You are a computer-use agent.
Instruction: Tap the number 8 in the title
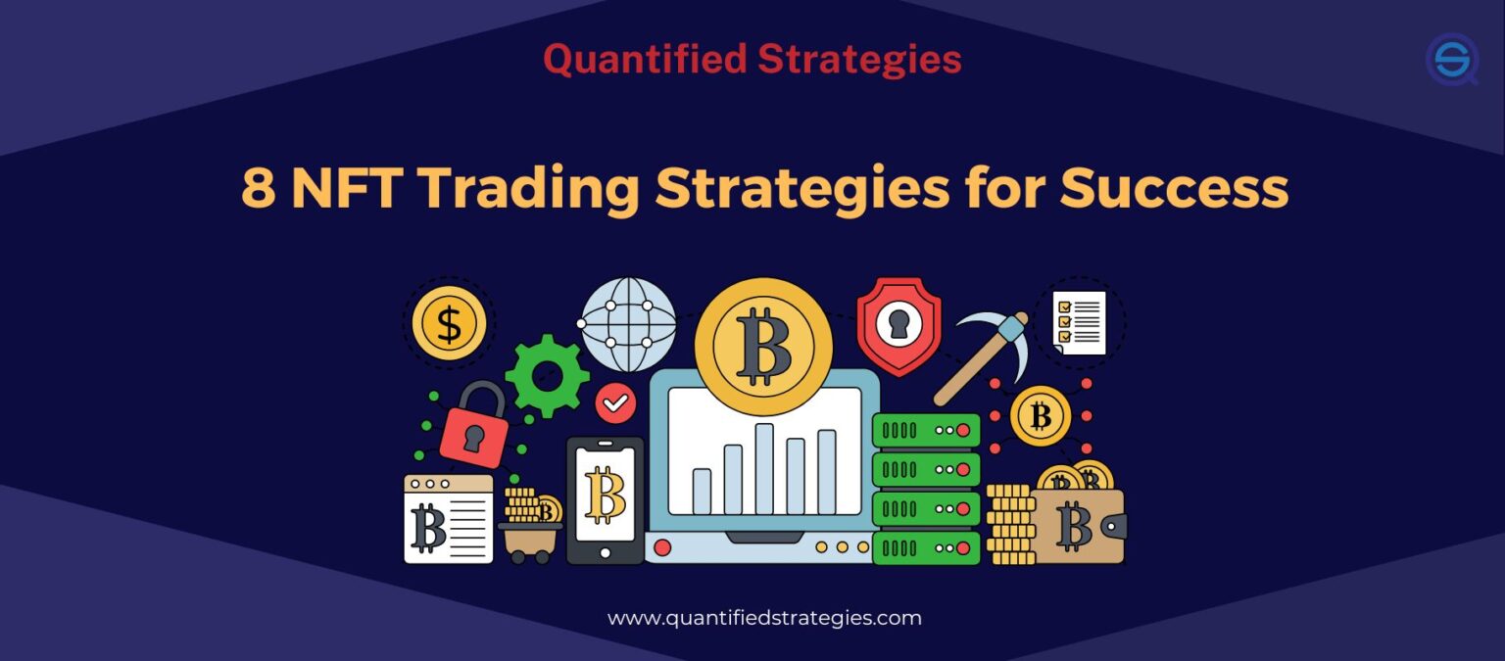pos(258,188)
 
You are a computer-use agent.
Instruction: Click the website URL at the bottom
pos(764,618)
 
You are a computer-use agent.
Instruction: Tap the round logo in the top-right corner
pos(1452,59)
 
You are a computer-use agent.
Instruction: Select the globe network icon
pos(628,324)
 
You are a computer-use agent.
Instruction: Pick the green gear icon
pos(547,375)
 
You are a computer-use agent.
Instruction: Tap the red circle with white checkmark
pos(615,402)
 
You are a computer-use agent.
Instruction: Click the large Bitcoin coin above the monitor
pos(763,346)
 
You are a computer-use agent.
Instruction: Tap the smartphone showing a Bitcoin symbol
pos(605,499)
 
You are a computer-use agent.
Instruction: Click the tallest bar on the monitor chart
pos(764,468)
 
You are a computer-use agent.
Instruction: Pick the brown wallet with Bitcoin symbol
pos(1076,526)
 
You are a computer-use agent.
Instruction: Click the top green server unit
pos(926,430)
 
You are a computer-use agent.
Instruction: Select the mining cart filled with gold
pos(530,527)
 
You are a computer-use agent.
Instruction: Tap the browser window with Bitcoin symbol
pos(449,519)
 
